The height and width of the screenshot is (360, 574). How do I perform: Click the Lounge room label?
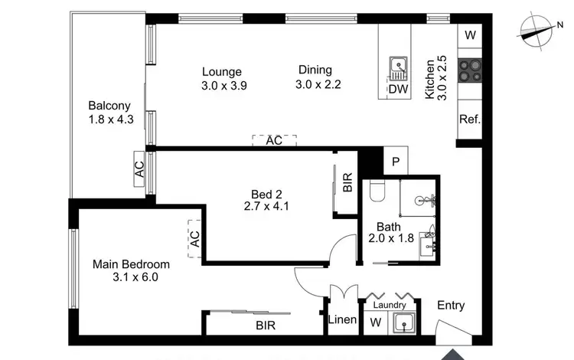[222, 72]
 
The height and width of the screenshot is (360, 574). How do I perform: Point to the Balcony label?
[109, 106]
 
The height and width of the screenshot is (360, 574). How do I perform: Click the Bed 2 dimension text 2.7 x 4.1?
[263, 206]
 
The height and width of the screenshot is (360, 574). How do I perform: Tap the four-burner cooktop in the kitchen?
[468, 70]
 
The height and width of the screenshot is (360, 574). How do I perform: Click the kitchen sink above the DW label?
[398, 69]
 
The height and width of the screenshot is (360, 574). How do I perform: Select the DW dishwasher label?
[397, 90]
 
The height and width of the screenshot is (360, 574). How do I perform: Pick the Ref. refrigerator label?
[469, 119]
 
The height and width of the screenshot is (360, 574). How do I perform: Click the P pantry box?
[396, 162]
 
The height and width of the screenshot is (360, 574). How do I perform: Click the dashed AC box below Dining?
[274, 141]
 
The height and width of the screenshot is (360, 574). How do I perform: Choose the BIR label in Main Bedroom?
[265, 326]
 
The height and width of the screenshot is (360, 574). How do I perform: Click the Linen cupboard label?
[341, 320]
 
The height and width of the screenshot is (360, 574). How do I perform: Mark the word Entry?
[451, 306]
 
